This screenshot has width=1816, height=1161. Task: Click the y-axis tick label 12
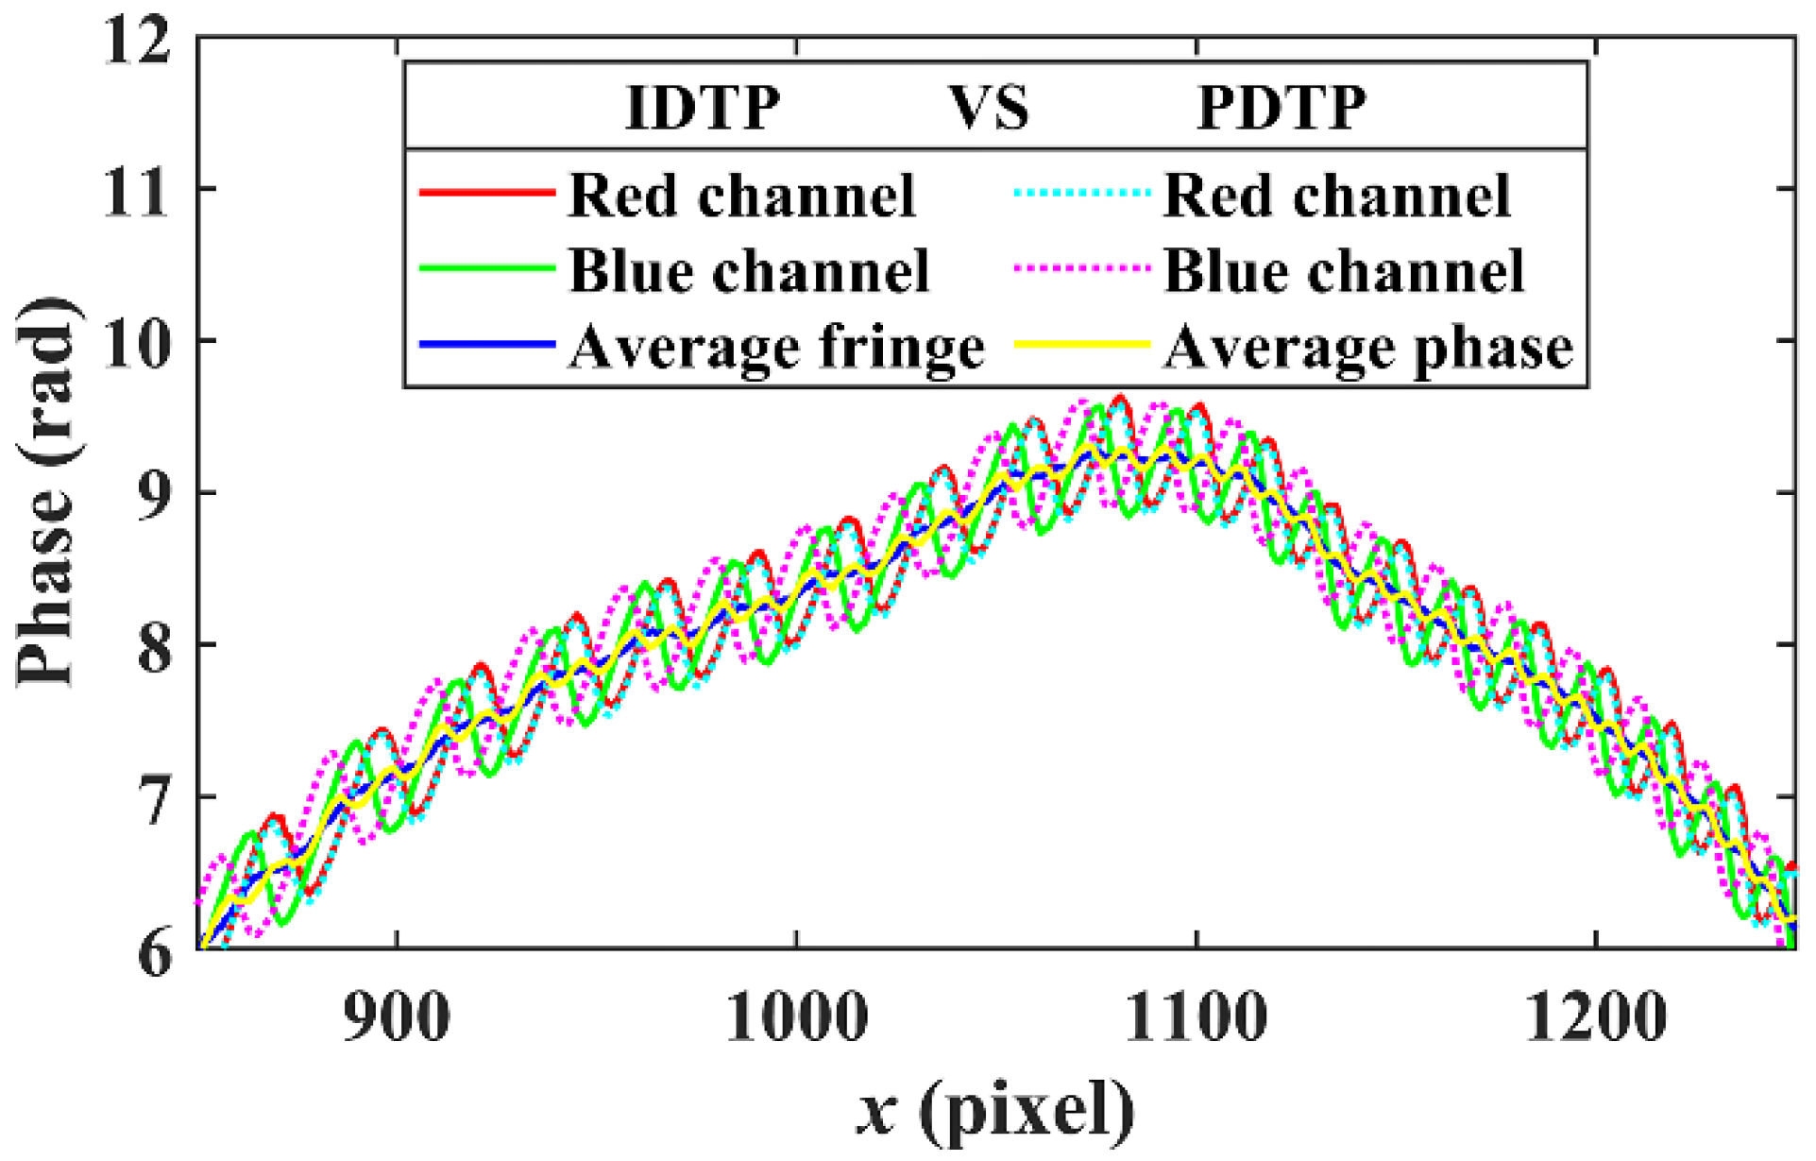pyautogui.click(x=138, y=41)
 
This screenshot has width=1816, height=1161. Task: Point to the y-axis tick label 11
pyautogui.click(x=138, y=192)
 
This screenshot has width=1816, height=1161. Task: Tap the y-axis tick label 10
pyautogui.click(x=138, y=343)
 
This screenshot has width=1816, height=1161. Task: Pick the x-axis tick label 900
pyautogui.click(x=397, y=1017)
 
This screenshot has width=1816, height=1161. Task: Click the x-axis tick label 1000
pyautogui.click(x=797, y=1017)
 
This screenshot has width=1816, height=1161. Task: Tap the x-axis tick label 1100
pyautogui.click(x=1197, y=1017)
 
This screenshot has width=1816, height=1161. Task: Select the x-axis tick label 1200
pyautogui.click(x=1596, y=1017)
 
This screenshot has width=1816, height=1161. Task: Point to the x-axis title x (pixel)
pyautogui.click(x=996, y=1110)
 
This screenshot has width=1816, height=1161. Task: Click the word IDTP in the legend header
pyautogui.click(x=704, y=108)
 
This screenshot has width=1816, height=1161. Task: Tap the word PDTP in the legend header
pyautogui.click(x=1281, y=108)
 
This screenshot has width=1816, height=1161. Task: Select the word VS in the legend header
pyautogui.click(x=989, y=108)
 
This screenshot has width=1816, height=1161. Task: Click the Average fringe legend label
pyautogui.click(x=776, y=348)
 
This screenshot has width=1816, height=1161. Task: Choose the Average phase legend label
pyautogui.click(x=1368, y=348)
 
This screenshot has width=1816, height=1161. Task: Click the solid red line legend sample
pyautogui.click(x=486, y=193)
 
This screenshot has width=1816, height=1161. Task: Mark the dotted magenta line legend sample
pyautogui.click(x=1082, y=269)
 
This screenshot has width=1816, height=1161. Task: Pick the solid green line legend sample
pyautogui.click(x=486, y=269)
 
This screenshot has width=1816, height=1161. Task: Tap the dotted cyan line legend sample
pyautogui.click(x=1082, y=193)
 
